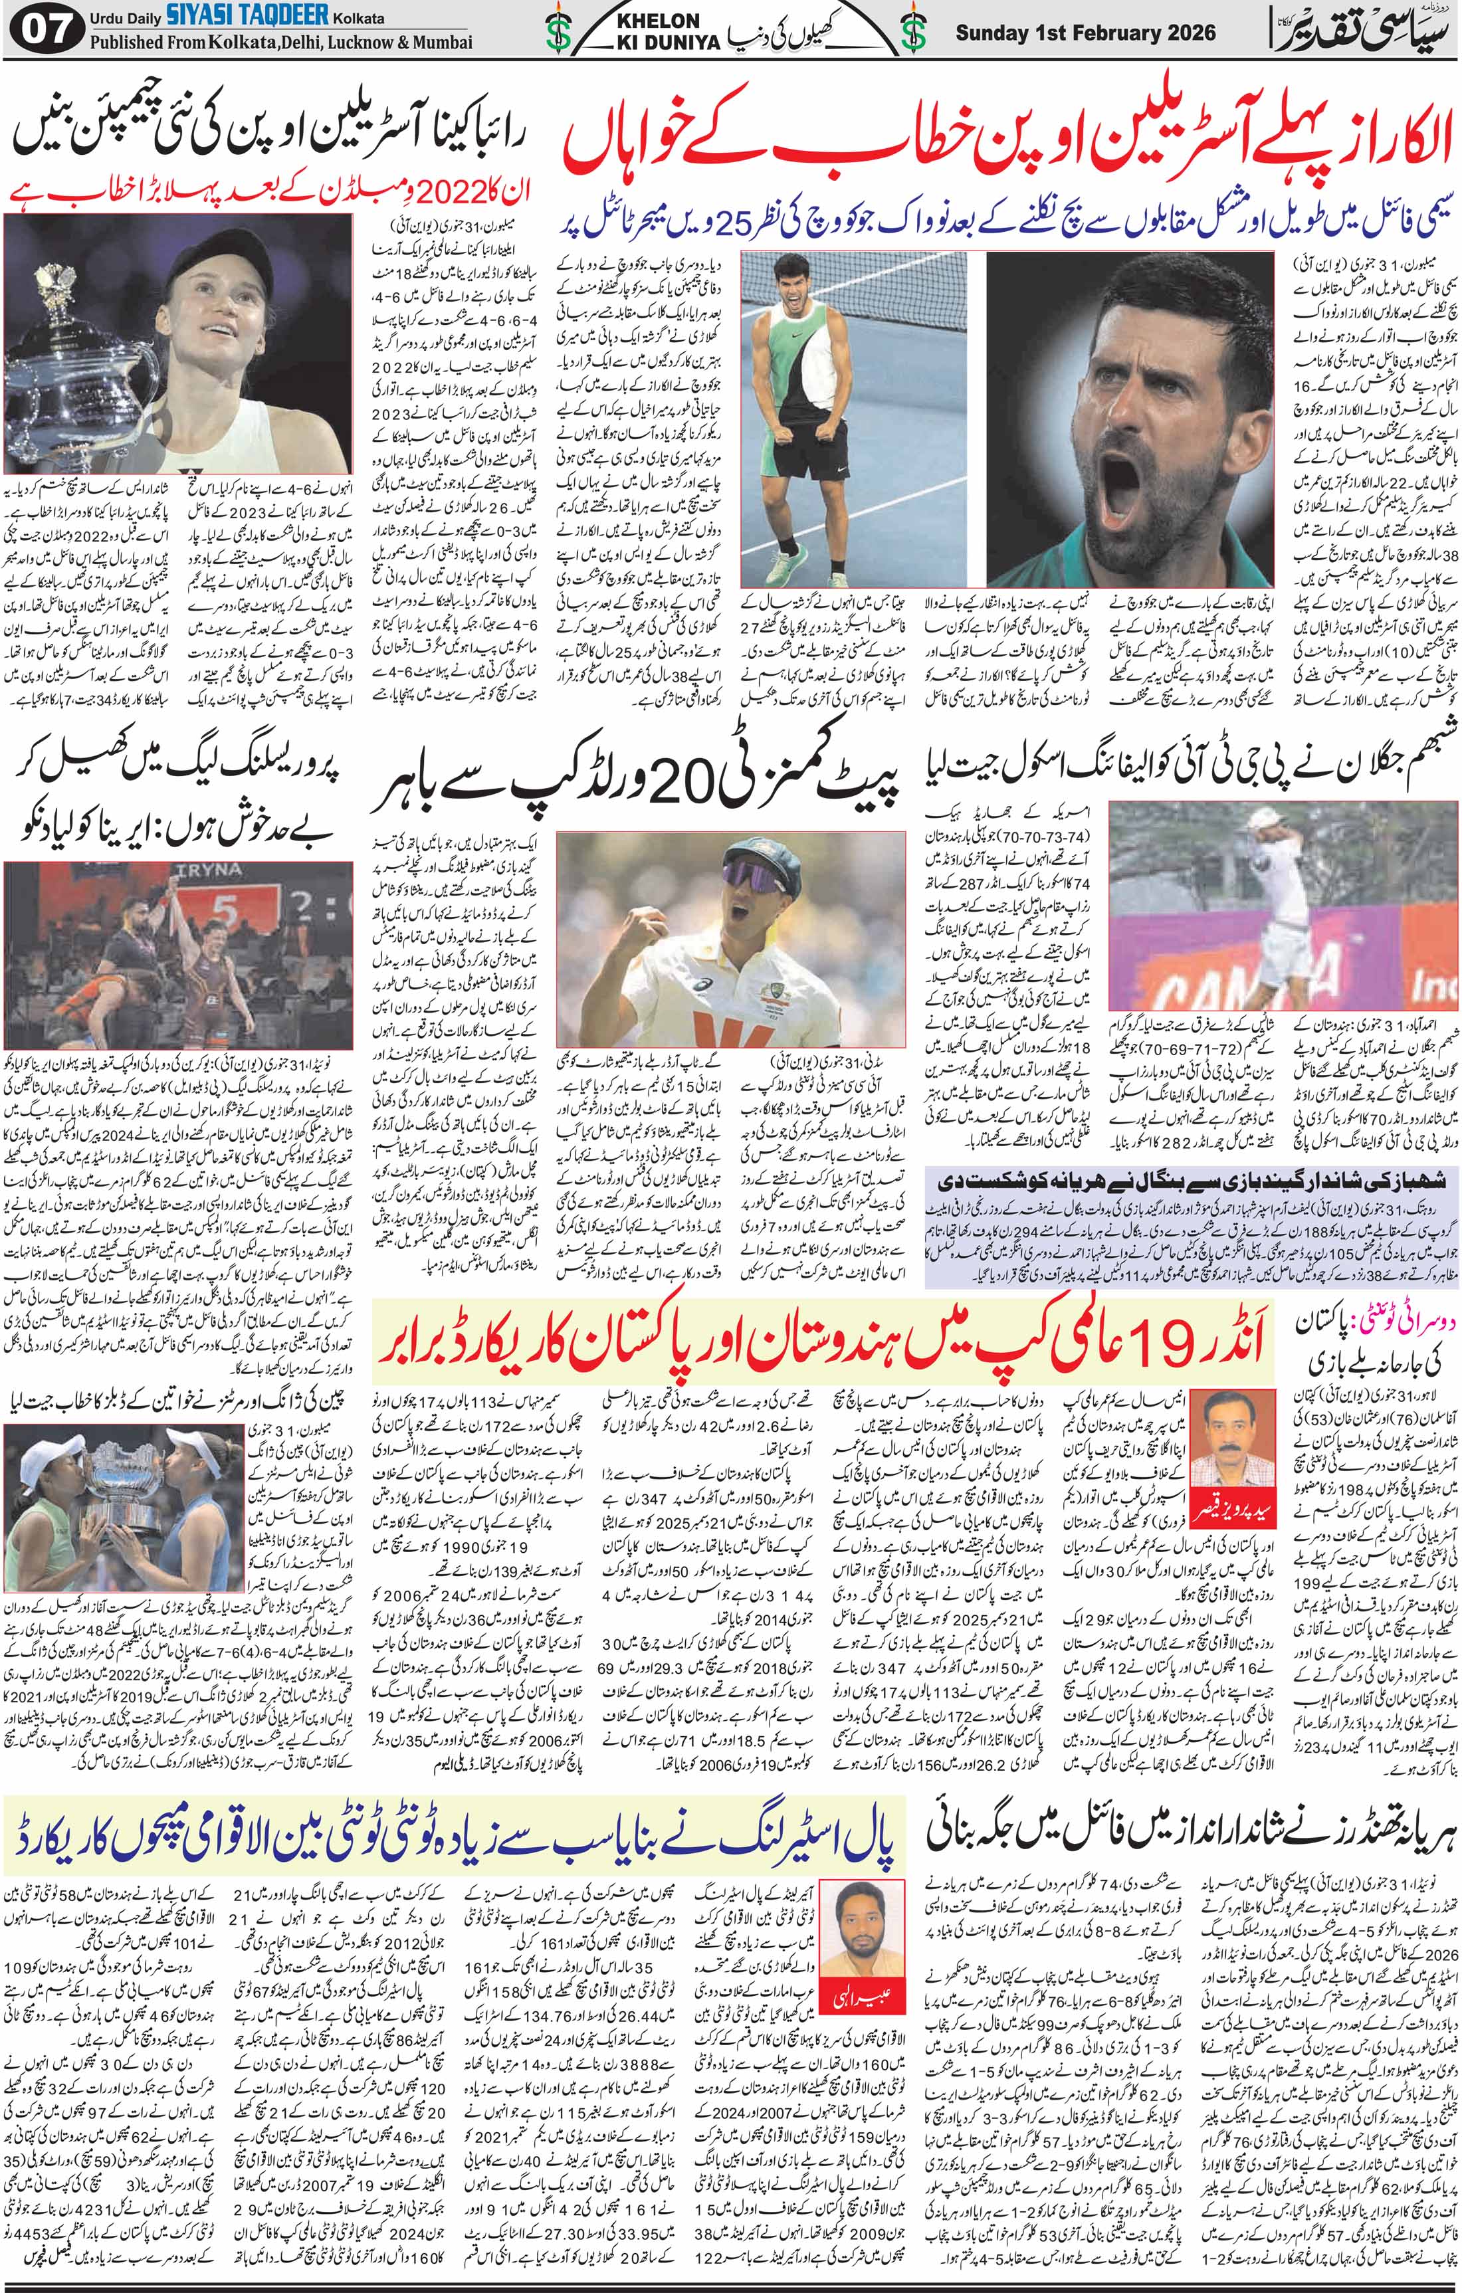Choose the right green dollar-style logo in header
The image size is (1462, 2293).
[914, 31]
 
